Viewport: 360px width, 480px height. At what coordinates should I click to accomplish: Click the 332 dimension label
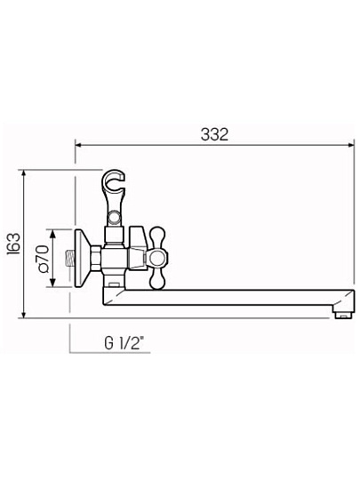pos(214,135)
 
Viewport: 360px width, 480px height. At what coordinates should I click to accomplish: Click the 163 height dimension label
pos(13,244)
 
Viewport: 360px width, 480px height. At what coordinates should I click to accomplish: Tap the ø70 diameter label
pos(43,259)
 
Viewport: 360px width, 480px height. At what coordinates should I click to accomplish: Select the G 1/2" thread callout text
pos(124,343)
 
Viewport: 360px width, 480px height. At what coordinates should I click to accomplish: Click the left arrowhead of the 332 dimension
pos(79,145)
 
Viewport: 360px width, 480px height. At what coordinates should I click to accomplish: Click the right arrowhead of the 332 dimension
pos(351,145)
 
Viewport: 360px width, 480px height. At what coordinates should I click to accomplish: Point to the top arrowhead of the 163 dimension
pos(24,173)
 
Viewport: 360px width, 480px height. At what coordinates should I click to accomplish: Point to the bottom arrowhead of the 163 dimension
pos(24,315)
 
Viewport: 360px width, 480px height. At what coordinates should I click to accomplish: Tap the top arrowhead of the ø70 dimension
pos(53,233)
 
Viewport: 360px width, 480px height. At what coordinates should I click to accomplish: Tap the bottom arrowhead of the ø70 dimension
pos(53,283)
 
